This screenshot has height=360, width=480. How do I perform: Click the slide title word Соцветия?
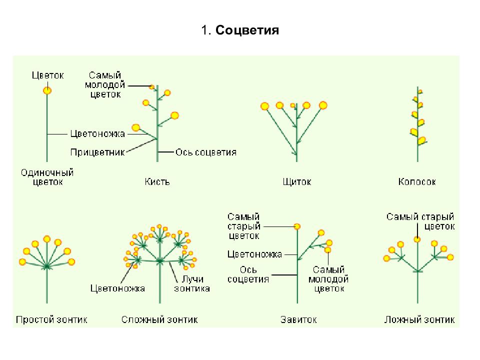[x=247, y=30]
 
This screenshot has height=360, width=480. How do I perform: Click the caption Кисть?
[x=157, y=182]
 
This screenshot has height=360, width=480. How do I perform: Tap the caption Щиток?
[x=296, y=182]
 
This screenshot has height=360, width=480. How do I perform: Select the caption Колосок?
[x=417, y=182]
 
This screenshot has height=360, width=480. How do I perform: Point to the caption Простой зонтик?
[x=51, y=319]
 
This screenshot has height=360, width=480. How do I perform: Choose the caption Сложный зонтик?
[x=159, y=319]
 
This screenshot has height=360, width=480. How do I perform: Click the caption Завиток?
[x=298, y=319]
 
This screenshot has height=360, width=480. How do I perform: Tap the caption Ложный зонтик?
[x=419, y=319]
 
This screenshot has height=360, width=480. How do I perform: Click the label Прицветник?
[x=97, y=152]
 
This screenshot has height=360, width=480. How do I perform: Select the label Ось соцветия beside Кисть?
[x=206, y=152]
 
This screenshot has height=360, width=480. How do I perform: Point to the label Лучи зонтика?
[x=192, y=284]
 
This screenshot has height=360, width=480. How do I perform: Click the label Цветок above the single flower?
[x=48, y=75]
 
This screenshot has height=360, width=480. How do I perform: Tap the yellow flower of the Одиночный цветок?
[x=47, y=90]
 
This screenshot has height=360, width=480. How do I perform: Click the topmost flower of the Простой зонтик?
[x=47, y=239]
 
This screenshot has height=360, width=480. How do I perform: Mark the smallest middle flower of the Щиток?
[x=293, y=105]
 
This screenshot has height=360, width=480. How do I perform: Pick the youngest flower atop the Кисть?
[x=151, y=87]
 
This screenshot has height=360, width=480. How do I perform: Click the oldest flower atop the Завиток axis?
[x=297, y=226]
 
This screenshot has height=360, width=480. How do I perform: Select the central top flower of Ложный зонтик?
[x=417, y=239]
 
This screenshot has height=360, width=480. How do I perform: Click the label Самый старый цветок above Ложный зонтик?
[x=420, y=221]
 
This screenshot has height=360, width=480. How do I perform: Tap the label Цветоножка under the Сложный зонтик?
[x=117, y=288]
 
